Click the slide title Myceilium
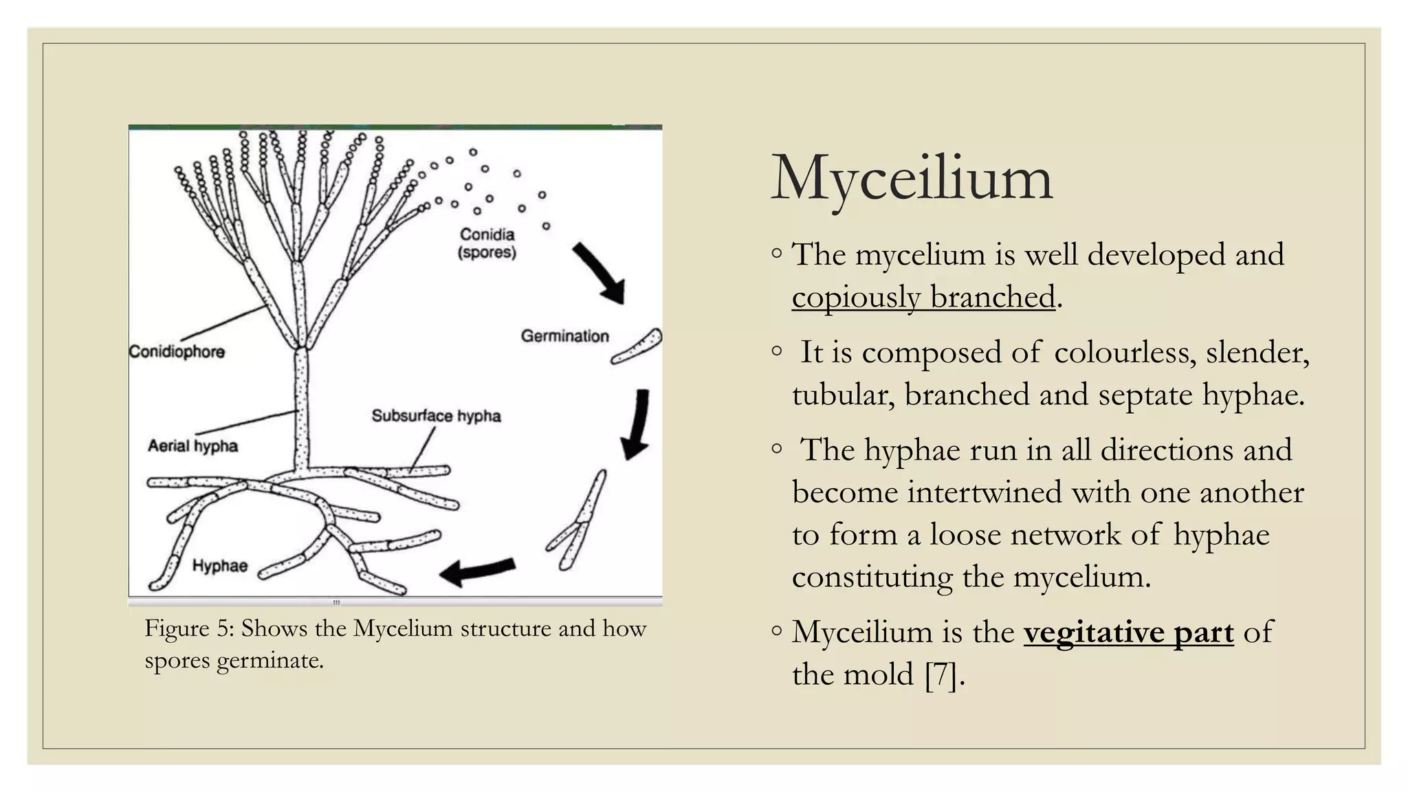click(x=911, y=179)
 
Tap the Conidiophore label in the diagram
click(x=177, y=352)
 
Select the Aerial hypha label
click(x=193, y=446)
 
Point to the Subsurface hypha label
click(x=436, y=416)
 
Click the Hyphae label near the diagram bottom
click(x=220, y=566)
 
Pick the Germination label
click(x=565, y=336)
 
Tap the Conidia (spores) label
click(x=487, y=243)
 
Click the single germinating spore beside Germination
click(x=637, y=346)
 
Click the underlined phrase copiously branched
click(x=923, y=297)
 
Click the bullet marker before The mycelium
click(x=776, y=254)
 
